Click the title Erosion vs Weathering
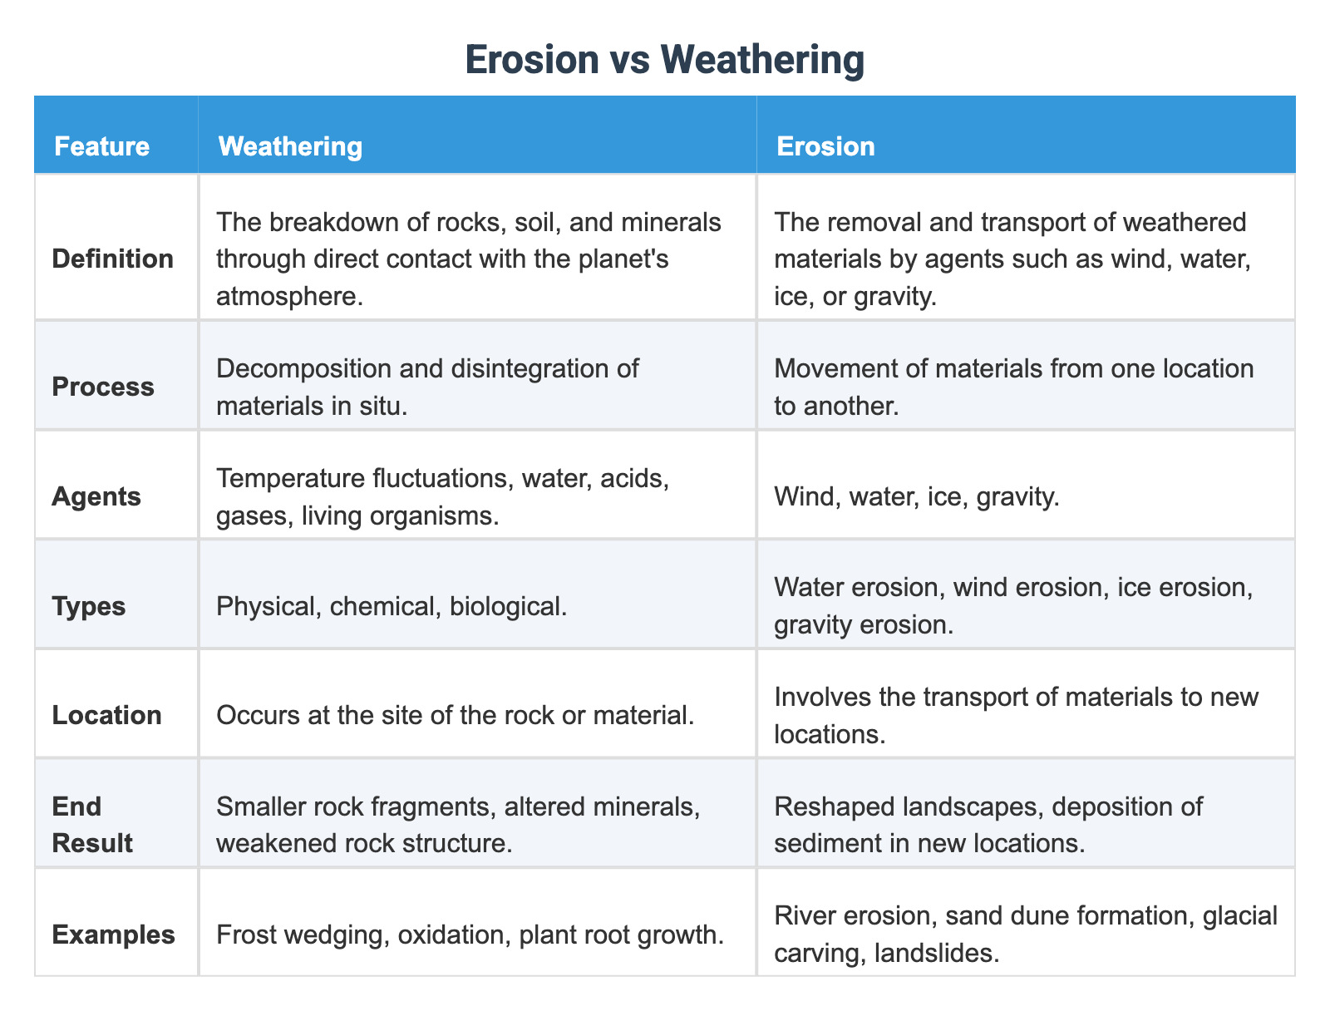pos(664,60)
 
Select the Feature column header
pos(101,146)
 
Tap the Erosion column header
pos(825,146)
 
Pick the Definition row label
pos(112,259)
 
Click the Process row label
pos(103,387)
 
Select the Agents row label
pos(96,496)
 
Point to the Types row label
pos(89,606)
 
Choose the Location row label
pos(106,715)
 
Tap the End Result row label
pos(91,825)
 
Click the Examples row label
pos(113,935)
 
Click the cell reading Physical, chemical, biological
pos(391,606)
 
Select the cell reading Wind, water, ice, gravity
pos(916,496)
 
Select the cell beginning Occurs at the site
pos(455,715)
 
